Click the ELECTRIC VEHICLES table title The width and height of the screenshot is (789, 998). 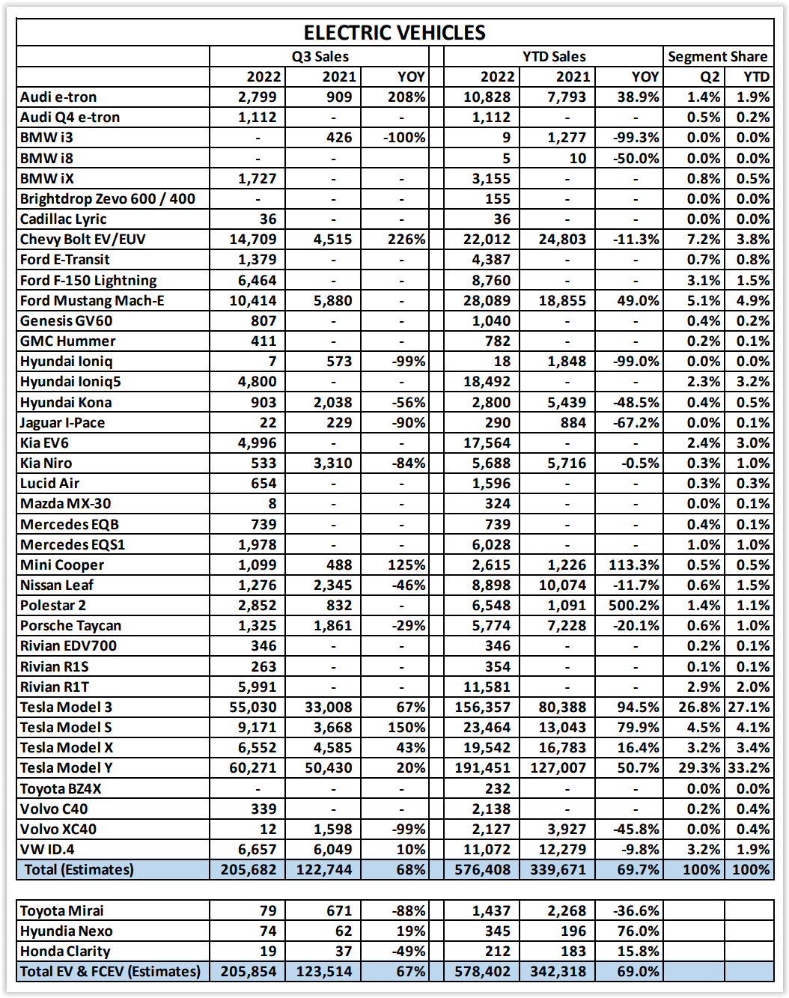point(394,33)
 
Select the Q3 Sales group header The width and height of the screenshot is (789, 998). point(320,56)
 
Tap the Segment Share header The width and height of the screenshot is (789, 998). point(717,56)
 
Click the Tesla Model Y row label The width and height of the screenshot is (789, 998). point(67,768)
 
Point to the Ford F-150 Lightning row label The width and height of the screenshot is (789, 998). point(88,280)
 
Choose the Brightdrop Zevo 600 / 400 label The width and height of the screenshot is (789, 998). point(107,199)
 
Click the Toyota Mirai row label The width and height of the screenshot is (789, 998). point(61,911)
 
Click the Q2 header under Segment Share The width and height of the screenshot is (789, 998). point(710,76)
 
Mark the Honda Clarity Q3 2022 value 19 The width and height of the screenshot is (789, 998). point(268,952)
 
